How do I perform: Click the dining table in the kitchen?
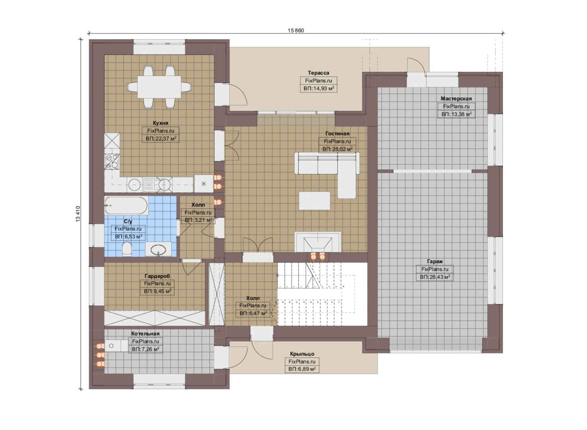pos(159,87)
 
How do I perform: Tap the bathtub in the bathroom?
pos(126,206)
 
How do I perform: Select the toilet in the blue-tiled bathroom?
pos(127,248)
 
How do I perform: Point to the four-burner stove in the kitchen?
pos(112,161)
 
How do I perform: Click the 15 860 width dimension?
pos(296,30)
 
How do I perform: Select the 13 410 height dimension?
pos(78,214)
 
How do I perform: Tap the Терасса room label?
pos(319,73)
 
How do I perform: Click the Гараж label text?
pos(435,261)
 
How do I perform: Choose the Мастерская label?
pos(456,98)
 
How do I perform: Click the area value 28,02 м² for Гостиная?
pos(337,149)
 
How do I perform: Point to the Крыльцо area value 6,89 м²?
pos(302,369)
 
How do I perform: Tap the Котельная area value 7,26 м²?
pos(145,349)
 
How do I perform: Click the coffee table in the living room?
pos(315,201)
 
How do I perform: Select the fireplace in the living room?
pos(318,242)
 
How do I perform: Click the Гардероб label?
pos(157,276)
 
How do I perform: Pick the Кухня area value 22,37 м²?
pos(160,138)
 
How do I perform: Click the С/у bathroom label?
pos(128,221)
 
